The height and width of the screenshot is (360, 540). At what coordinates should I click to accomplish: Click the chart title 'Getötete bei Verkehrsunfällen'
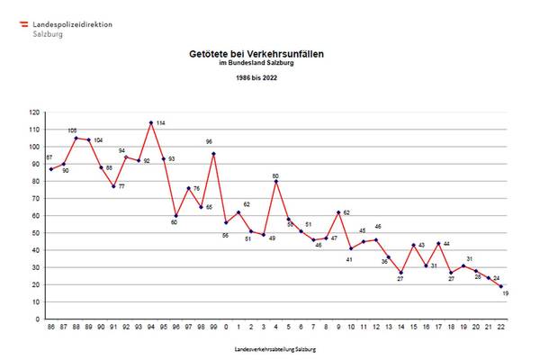[256, 54]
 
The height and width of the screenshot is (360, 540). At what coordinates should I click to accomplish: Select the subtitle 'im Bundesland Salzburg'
[256, 62]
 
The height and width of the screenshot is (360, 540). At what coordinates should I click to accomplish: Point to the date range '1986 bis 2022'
[256, 78]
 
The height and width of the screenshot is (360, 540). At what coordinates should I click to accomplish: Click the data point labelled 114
[151, 122]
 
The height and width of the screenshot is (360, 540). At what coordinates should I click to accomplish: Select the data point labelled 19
[500, 286]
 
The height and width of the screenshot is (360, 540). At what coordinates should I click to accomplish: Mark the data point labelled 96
[213, 153]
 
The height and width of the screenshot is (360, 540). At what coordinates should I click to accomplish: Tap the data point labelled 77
[113, 186]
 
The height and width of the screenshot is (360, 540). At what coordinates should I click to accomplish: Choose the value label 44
[445, 244]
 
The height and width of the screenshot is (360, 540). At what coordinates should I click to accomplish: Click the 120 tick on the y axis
[34, 112]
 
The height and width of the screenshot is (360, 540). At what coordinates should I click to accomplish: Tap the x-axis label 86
[51, 328]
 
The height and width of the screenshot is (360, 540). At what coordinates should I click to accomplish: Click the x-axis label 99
[213, 328]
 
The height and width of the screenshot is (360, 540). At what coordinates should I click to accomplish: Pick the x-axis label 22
[500, 328]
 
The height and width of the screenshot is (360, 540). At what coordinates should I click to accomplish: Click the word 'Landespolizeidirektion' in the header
[73, 23]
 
